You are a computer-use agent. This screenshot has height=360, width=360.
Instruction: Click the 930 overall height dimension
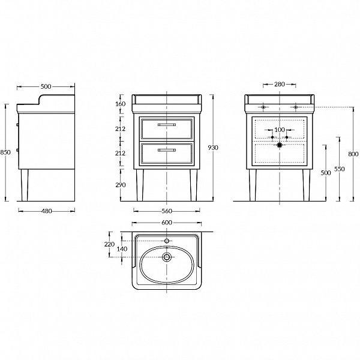point(213,148)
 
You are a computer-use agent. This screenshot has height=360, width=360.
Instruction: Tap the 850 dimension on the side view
point(5,152)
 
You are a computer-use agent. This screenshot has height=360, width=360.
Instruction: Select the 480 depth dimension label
point(47,211)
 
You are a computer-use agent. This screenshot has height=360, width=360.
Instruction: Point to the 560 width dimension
point(167,211)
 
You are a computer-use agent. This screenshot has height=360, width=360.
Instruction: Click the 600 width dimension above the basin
point(167,223)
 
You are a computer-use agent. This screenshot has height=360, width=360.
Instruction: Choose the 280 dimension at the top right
point(280,84)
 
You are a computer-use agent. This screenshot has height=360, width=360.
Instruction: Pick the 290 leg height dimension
point(121,185)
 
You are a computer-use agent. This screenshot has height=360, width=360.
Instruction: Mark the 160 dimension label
point(121,104)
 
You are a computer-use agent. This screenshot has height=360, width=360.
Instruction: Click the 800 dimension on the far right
point(353,154)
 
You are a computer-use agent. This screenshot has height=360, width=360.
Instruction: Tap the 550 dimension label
point(340,169)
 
